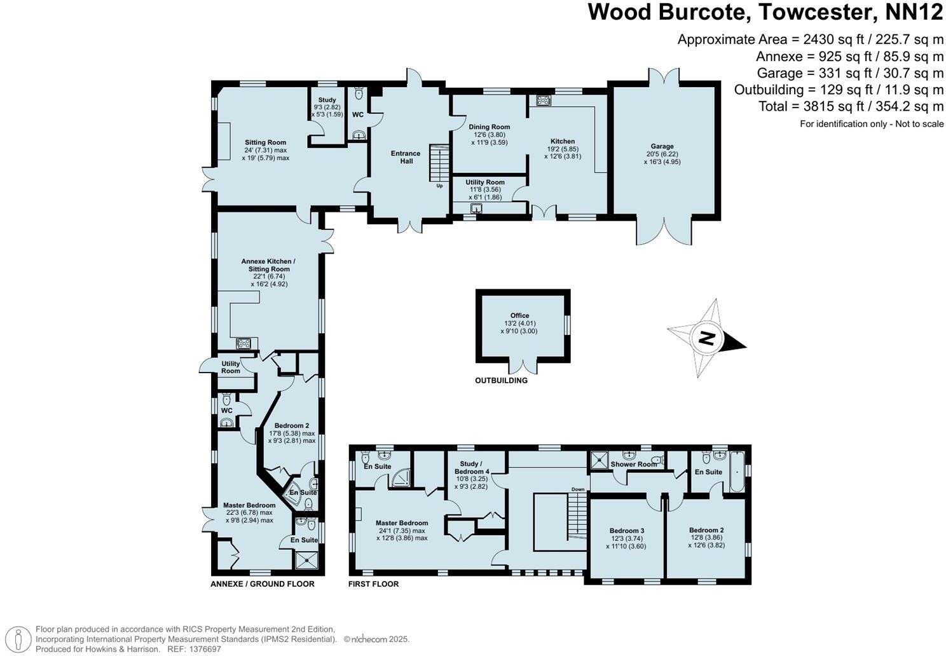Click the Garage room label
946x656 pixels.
click(x=662, y=146)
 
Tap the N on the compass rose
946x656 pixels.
click(x=706, y=338)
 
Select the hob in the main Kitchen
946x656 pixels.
click(x=543, y=100)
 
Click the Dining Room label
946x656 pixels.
click(x=489, y=126)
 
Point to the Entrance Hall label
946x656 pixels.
click(x=406, y=157)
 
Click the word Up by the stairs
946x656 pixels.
click(x=440, y=186)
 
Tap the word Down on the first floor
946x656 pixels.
click(x=578, y=489)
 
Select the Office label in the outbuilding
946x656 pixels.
click(x=519, y=315)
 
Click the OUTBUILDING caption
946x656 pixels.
click(x=502, y=380)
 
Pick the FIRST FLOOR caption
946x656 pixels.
click(x=373, y=584)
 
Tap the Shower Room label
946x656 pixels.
click(x=633, y=464)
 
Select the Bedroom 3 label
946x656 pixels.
click(x=627, y=531)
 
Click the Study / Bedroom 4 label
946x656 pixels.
click(x=472, y=467)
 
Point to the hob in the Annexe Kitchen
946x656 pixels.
click(x=243, y=344)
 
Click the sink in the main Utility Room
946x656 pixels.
click(x=477, y=208)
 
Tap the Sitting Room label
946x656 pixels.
click(x=265, y=142)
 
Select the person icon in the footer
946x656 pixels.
click(x=18, y=639)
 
